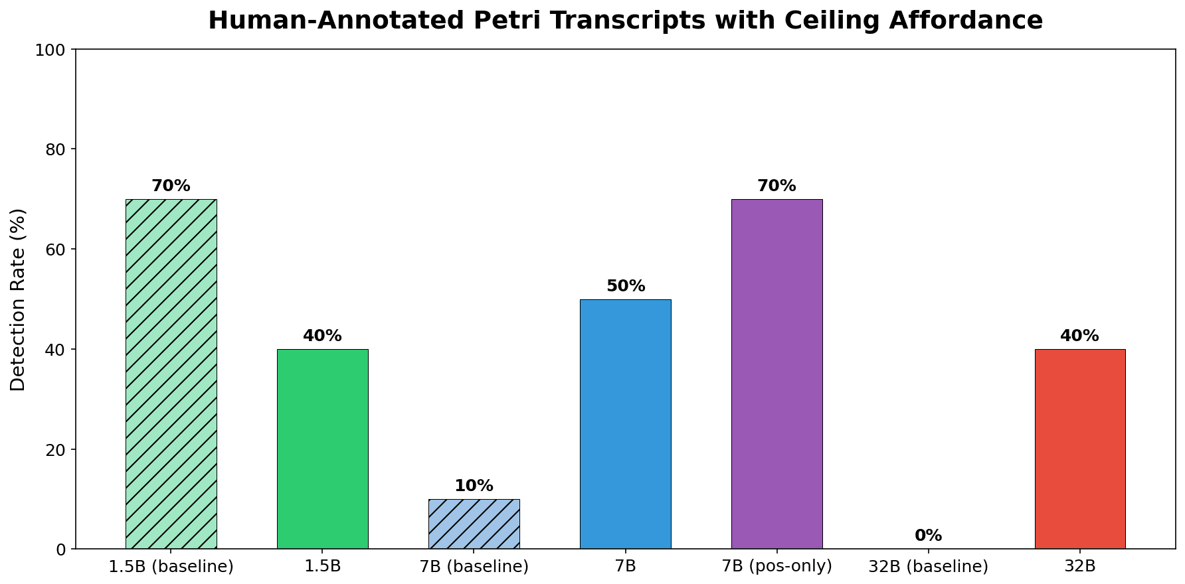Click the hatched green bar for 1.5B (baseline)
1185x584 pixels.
pyautogui.click(x=171, y=374)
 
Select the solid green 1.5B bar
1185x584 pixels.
pyautogui.click(x=322, y=449)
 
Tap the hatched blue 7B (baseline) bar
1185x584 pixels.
pyautogui.click(x=474, y=524)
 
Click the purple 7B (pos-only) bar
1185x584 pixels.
pyautogui.click(x=776, y=374)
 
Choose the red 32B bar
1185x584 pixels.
pyautogui.click(x=1079, y=449)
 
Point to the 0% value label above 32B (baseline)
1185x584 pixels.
pyautogui.click(x=928, y=536)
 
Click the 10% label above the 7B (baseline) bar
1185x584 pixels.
pyautogui.click(x=474, y=486)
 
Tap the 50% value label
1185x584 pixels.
pyautogui.click(x=625, y=286)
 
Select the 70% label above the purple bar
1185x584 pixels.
pyautogui.click(x=776, y=186)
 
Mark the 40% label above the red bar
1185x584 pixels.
pyautogui.click(x=1079, y=336)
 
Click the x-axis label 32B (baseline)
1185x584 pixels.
pyautogui.click(x=928, y=567)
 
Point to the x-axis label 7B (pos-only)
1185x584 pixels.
pyautogui.click(x=776, y=567)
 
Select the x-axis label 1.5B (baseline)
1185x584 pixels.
pyautogui.click(x=171, y=567)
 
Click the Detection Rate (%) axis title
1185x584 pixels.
pyautogui.click(x=18, y=299)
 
